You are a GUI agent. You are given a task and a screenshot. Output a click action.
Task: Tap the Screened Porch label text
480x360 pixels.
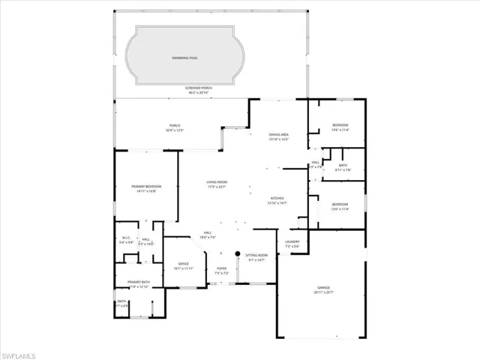click(199, 88)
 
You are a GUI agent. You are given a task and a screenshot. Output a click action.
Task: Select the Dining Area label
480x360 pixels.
click(279, 134)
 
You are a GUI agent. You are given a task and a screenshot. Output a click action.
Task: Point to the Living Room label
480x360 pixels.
click(217, 182)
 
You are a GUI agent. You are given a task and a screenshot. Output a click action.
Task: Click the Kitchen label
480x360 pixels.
click(277, 198)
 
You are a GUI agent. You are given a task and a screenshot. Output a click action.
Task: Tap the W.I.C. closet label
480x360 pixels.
click(126, 238)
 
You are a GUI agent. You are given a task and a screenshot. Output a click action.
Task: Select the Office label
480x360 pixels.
click(184, 263)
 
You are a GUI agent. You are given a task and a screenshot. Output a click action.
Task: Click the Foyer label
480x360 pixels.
click(221, 269)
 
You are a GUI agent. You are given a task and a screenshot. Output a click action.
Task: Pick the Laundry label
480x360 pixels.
click(292, 241)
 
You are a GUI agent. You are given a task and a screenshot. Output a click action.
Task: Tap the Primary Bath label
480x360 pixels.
click(140, 282)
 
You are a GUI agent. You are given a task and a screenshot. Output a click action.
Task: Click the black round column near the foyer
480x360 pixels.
click(238, 253)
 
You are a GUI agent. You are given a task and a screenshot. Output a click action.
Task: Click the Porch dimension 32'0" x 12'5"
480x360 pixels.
click(174, 130)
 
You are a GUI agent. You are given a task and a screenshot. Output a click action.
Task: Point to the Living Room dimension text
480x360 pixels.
click(217, 187)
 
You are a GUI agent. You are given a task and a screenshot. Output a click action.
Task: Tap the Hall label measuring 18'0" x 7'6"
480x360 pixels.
click(207, 235)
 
